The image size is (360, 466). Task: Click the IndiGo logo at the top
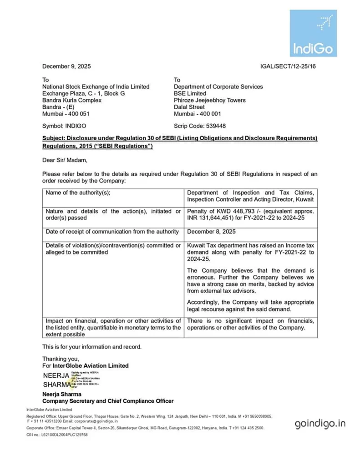[313, 33]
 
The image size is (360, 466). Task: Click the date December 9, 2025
[66, 66]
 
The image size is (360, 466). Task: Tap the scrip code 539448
[216, 126]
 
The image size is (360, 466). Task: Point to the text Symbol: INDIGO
[64, 126]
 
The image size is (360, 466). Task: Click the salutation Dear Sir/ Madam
[64, 160]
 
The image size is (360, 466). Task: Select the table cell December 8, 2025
[211, 232]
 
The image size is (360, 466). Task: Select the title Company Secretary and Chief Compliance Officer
[108, 401]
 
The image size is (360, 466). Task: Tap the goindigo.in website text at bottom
[320, 424]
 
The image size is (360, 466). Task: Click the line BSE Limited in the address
[190, 93]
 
